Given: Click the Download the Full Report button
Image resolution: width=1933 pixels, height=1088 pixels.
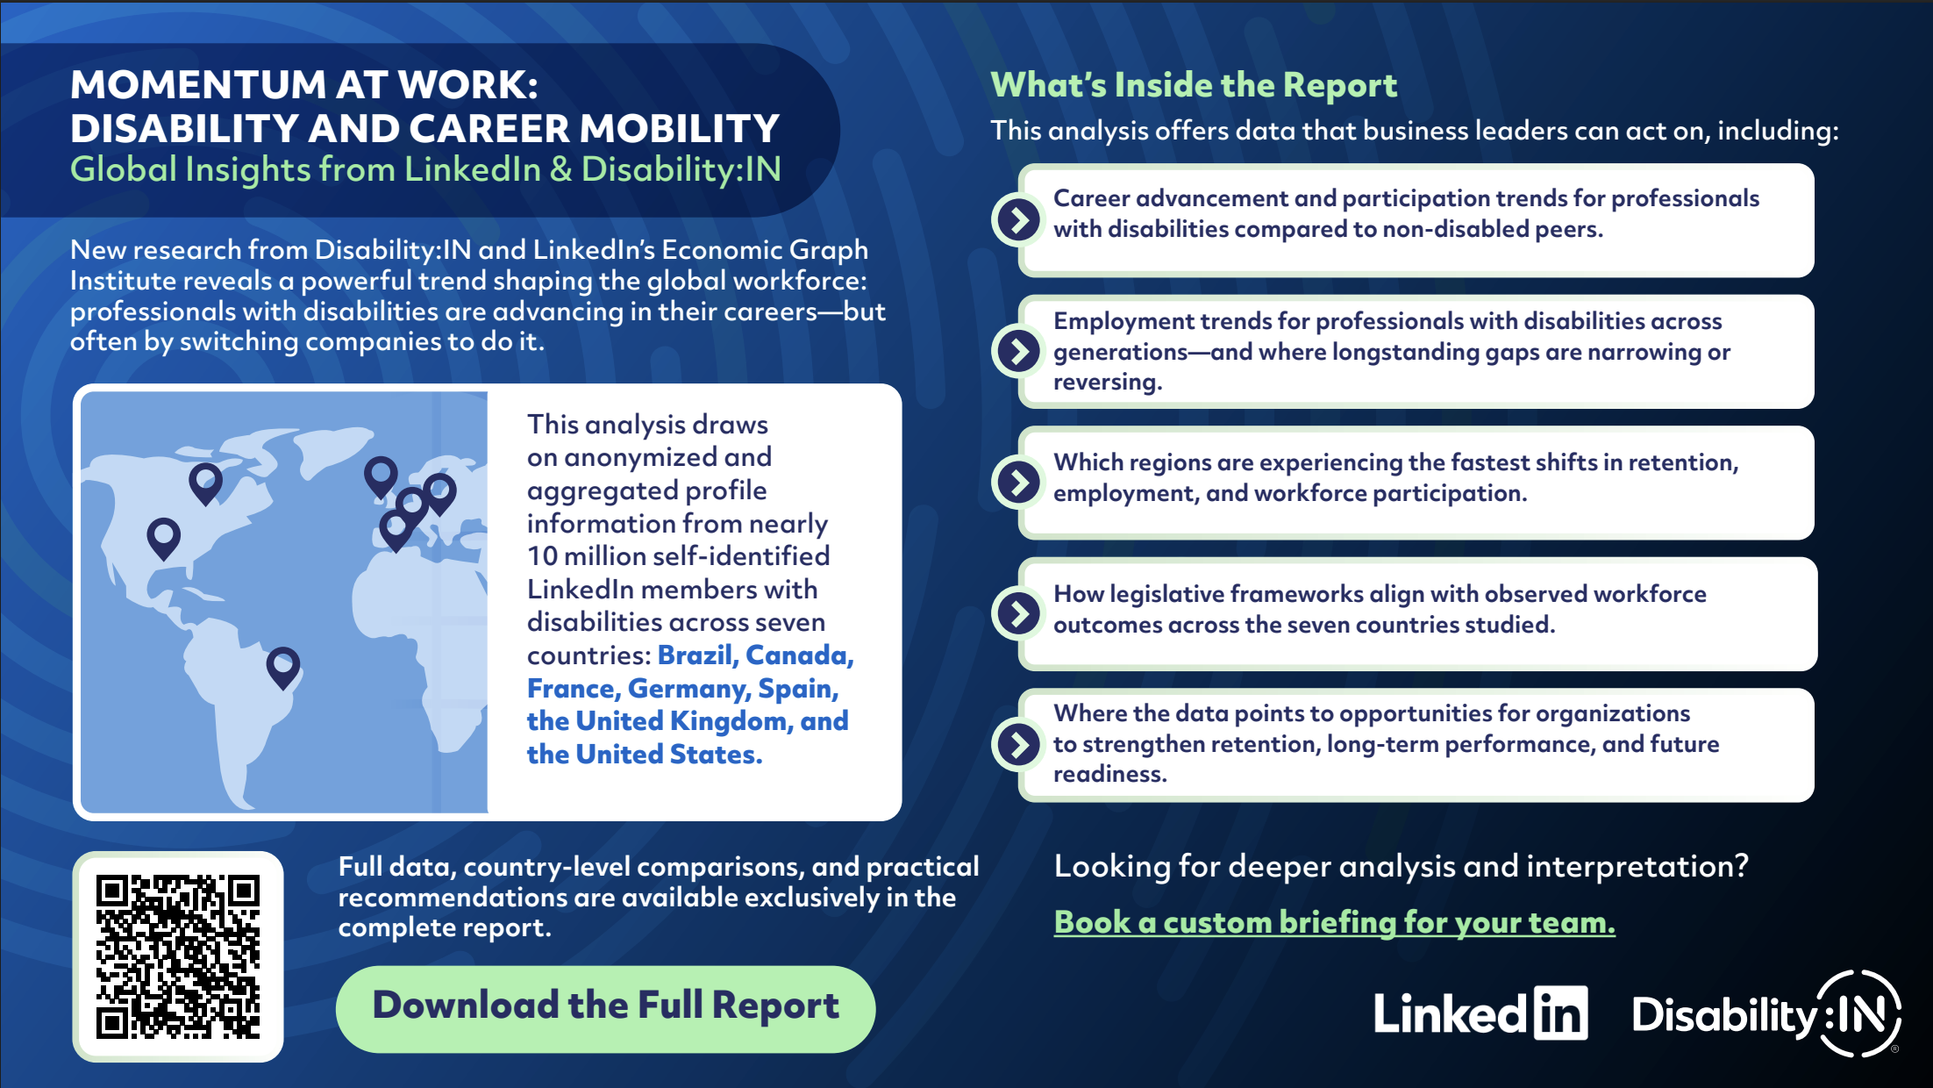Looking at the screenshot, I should pos(605,1007).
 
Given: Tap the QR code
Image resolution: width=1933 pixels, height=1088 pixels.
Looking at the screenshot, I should pos(178,956).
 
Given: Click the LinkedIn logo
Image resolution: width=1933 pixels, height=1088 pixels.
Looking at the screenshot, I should pos(1480,1014).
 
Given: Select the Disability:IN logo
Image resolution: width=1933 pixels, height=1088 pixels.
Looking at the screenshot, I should pos(1765,1014).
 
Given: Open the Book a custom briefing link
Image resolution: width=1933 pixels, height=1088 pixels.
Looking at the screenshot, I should pos(1334,922).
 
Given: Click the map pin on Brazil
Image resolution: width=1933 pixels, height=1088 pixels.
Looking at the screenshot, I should pos(282,664).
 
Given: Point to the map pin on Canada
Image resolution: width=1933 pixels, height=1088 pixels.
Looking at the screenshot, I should pos(205,480).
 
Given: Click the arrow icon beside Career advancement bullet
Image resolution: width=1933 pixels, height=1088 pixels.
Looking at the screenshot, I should pos(1018,219).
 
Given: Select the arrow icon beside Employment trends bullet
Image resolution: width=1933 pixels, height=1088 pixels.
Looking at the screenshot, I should pos(1018,351).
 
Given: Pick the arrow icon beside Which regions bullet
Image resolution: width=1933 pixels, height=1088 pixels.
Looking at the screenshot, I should pos(1018,482).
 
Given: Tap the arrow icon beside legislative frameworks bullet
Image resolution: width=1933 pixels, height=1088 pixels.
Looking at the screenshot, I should pos(1018,612).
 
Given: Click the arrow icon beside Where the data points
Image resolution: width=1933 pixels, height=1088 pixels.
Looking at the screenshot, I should pos(1018,744).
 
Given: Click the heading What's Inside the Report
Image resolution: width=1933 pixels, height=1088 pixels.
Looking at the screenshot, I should pos(1193,85).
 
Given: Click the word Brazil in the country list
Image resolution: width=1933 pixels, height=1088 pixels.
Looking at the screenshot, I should pos(695,655).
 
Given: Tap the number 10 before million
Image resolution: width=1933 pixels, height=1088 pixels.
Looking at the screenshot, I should pos(542,556).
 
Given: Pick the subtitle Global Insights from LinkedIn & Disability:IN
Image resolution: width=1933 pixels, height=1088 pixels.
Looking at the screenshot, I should pos(425,169).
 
